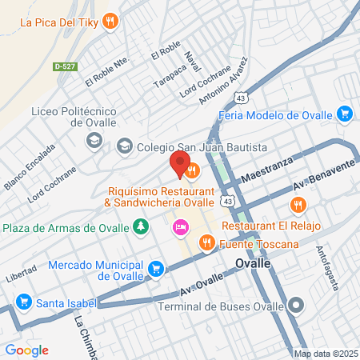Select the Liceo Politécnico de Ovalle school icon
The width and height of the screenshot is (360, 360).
[x=94, y=142]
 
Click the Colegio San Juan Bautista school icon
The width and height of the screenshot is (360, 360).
[x=124, y=146]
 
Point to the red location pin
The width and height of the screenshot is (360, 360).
[x=179, y=165]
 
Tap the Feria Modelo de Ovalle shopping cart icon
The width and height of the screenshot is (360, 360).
[x=345, y=114]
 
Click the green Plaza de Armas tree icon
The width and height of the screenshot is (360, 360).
[x=141, y=227]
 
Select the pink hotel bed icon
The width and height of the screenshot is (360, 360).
[x=180, y=229]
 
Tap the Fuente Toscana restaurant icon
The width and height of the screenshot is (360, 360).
[x=206, y=241]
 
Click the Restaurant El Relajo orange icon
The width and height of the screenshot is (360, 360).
[x=298, y=205]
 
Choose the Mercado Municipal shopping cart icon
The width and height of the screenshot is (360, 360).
[x=156, y=270]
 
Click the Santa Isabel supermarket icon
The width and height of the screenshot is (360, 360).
[x=23, y=302]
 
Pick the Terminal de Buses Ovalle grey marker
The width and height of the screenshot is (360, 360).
[x=297, y=305]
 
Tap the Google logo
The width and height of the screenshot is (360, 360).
[x=26, y=350]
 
